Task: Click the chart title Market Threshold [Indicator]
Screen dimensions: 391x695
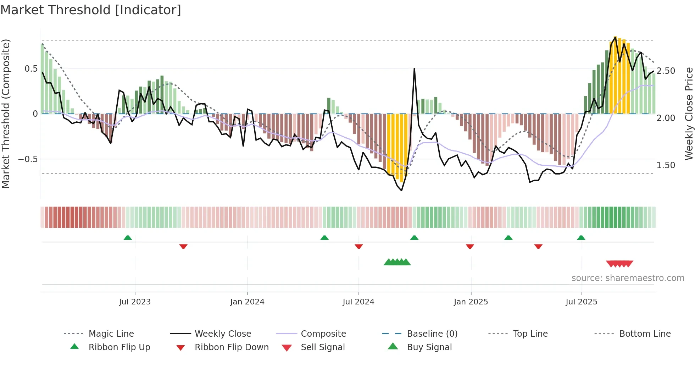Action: click(x=91, y=10)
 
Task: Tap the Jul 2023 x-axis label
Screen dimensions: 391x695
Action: click(x=135, y=302)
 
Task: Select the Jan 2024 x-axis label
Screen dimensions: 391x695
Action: click(x=247, y=302)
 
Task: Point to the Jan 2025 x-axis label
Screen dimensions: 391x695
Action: click(x=471, y=302)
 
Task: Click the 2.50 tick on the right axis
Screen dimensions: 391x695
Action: click(x=666, y=71)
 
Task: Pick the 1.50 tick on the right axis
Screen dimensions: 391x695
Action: click(x=666, y=165)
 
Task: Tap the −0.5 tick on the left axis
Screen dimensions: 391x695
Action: click(x=28, y=159)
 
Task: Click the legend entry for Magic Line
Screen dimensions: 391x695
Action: click(x=111, y=334)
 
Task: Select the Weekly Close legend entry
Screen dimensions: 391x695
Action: click(x=223, y=334)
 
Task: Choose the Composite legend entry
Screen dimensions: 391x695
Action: click(x=323, y=334)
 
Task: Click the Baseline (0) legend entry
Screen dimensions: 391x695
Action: click(x=432, y=334)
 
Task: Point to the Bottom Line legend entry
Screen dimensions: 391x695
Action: click(x=645, y=334)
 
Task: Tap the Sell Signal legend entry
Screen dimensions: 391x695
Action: click(x=322, y=347)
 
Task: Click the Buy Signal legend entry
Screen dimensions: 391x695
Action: click(x=429, y=347)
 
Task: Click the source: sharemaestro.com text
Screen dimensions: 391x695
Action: click(x=628, y=278)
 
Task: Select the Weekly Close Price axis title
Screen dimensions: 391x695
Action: click(x=689, y=114)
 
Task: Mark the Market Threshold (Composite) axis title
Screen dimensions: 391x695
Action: click(x=6, y=114)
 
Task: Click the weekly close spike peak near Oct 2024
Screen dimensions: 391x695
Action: click(x=414, y=68)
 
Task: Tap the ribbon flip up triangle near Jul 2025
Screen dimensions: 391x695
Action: click(x=581, y=238)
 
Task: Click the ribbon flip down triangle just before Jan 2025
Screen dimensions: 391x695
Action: click(x=470, y=246)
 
